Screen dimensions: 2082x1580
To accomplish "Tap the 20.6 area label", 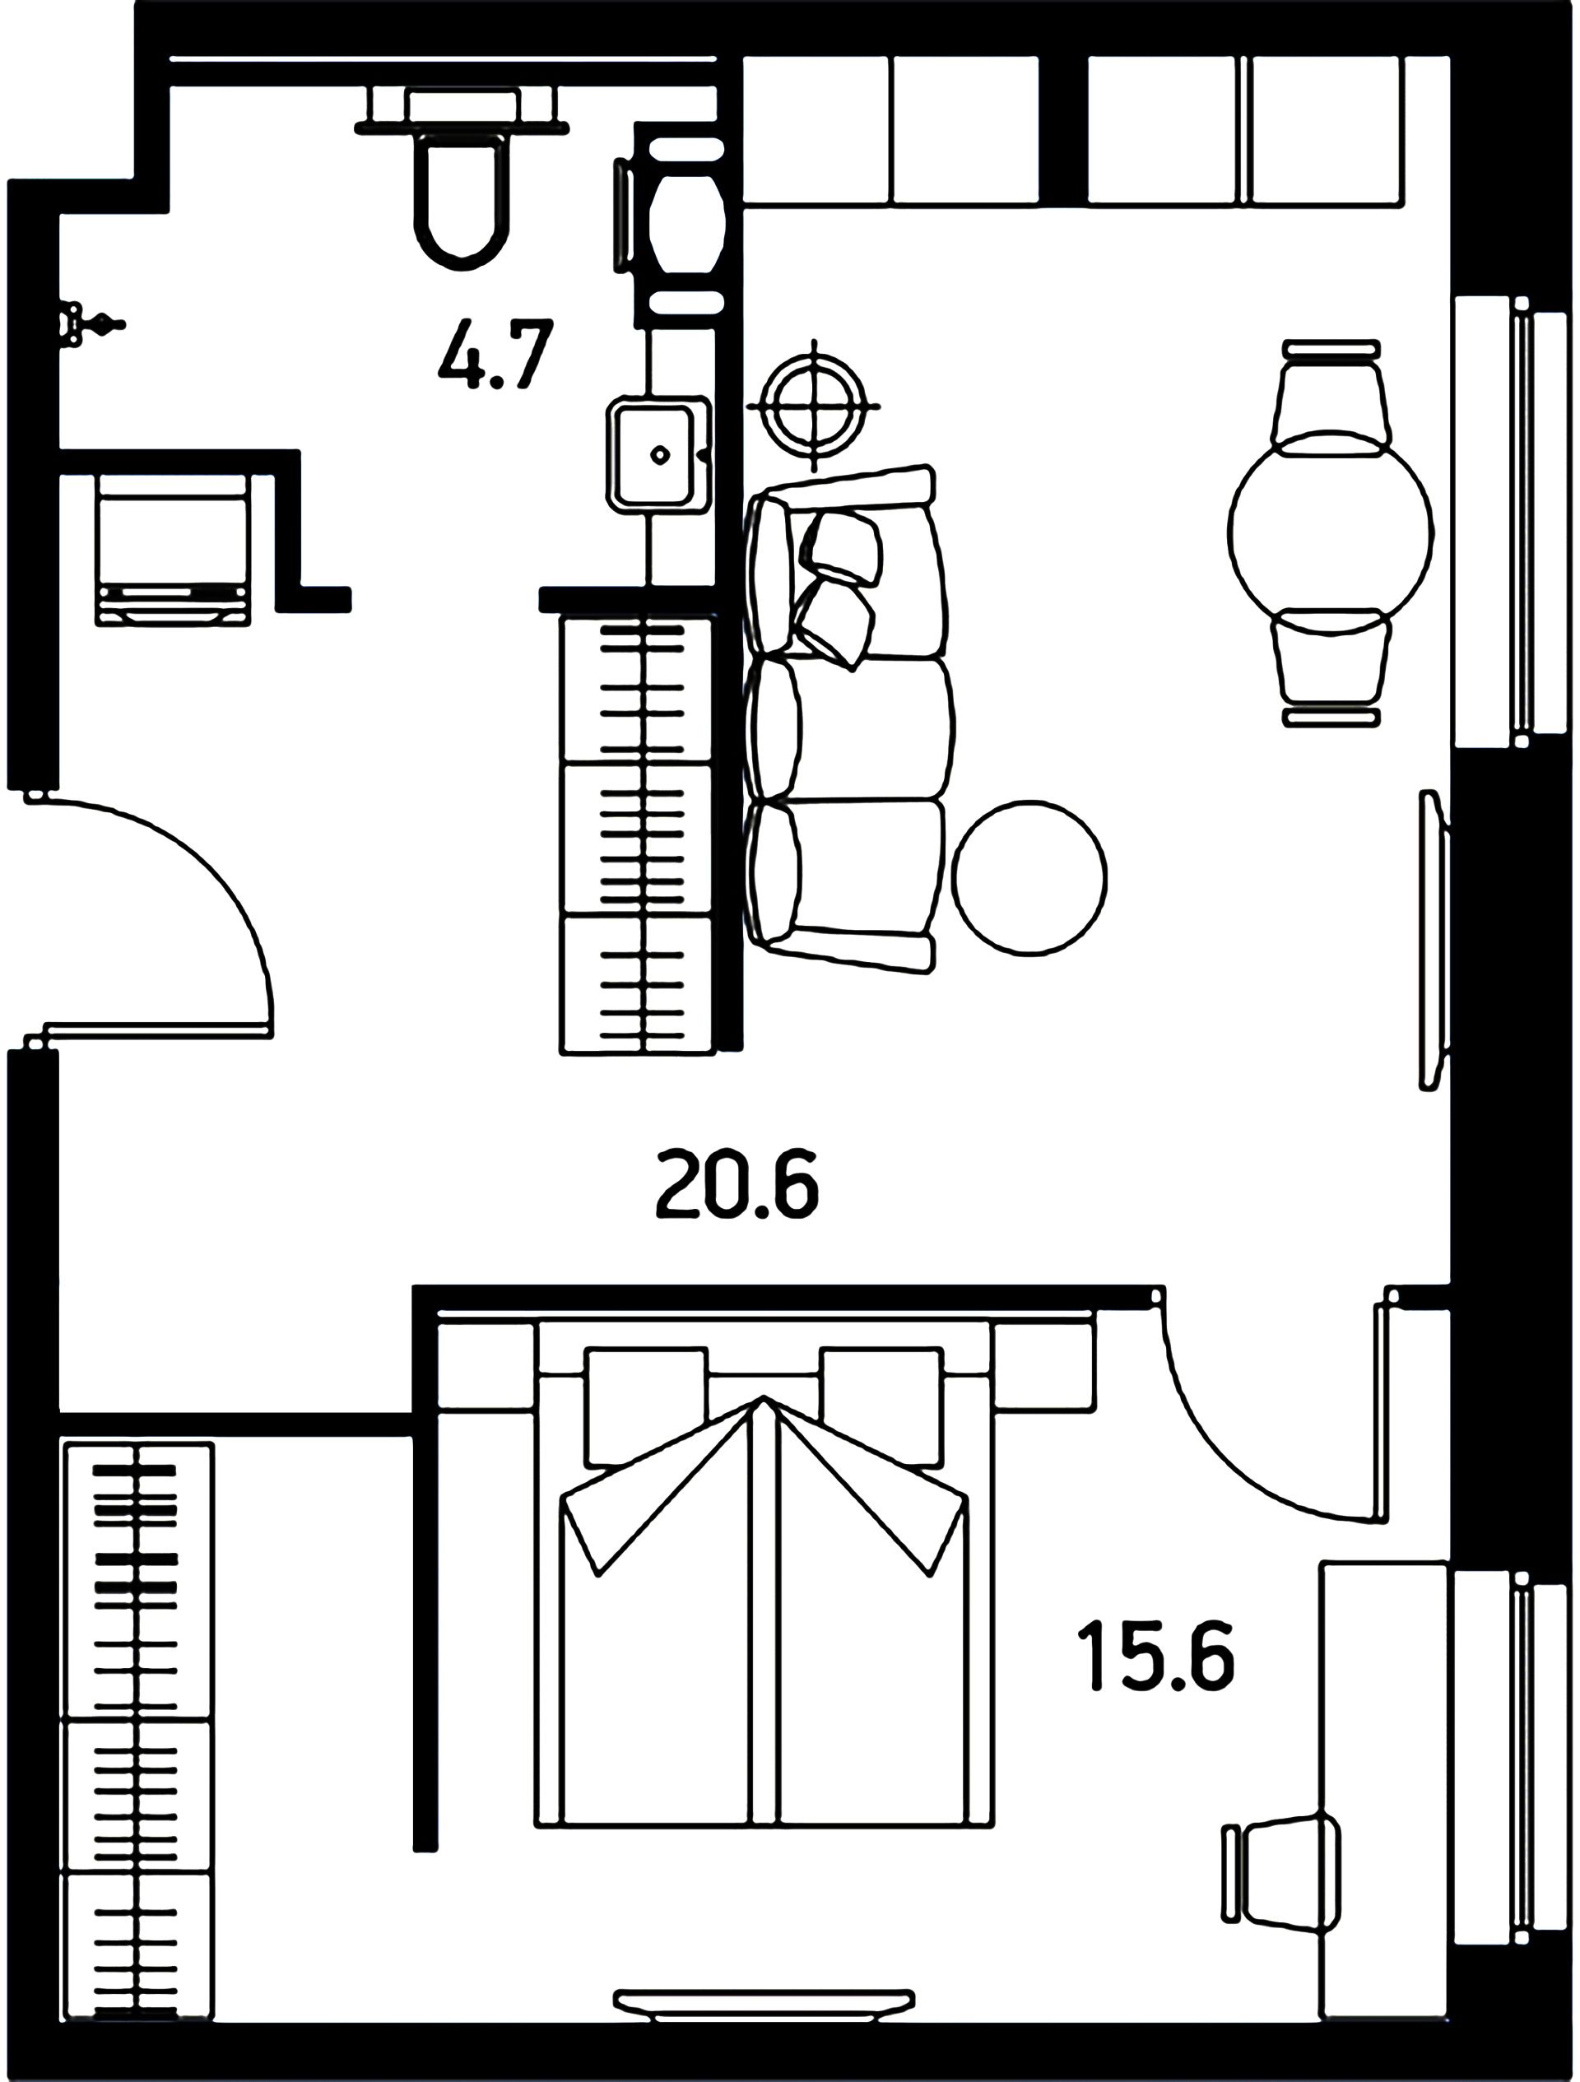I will click(x=737, y=1184).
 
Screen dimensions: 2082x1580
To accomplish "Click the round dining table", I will click(x=1331, y=532).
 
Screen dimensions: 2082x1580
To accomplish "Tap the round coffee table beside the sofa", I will click(x=1029, y=879).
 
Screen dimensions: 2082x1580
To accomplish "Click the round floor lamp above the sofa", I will click(x=813, y=406).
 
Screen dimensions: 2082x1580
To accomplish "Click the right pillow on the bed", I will click(x=881, y=1406).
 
